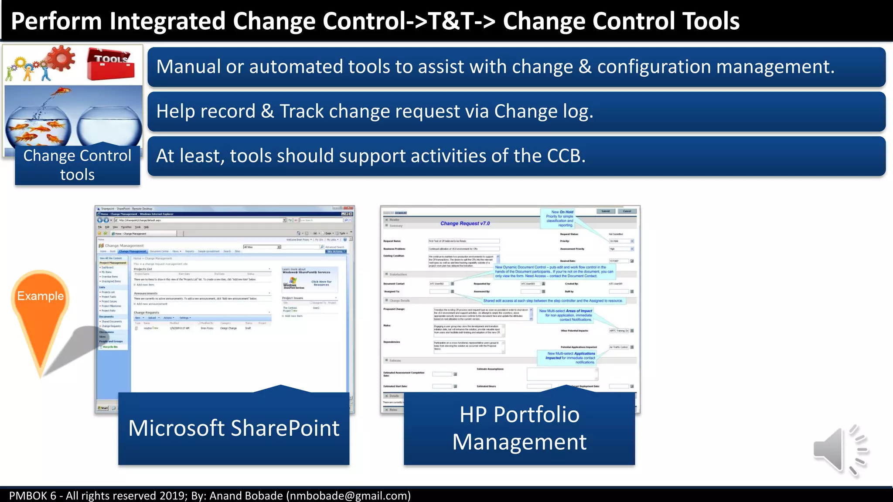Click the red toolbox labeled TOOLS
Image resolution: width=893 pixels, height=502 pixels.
(111, 64)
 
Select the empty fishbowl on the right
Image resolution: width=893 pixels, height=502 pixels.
(109, 127)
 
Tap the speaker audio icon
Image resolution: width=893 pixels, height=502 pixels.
(839, 450)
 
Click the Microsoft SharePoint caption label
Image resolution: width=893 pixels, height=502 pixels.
(234, 428)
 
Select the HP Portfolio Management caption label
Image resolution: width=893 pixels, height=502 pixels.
(519, 428)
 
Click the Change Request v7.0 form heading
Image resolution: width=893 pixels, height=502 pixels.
(465, 224)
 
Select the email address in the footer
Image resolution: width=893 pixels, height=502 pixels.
(348, 496)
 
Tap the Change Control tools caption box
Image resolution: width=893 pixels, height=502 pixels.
(77, 165)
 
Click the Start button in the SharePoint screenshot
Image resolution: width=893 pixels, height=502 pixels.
(103, 408)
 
